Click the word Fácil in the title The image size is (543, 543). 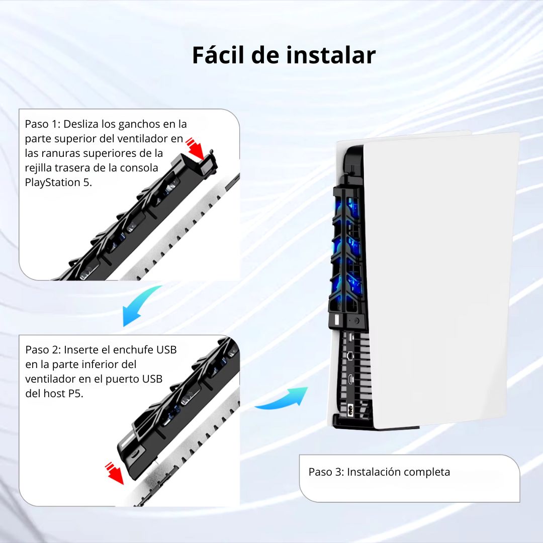[218, 55]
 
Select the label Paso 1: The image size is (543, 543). [43, 124]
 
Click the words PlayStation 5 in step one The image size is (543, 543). [58, 182]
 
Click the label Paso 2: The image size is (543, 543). [43, 350]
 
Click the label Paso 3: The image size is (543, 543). [326, 472]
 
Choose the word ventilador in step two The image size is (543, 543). [50, 379]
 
